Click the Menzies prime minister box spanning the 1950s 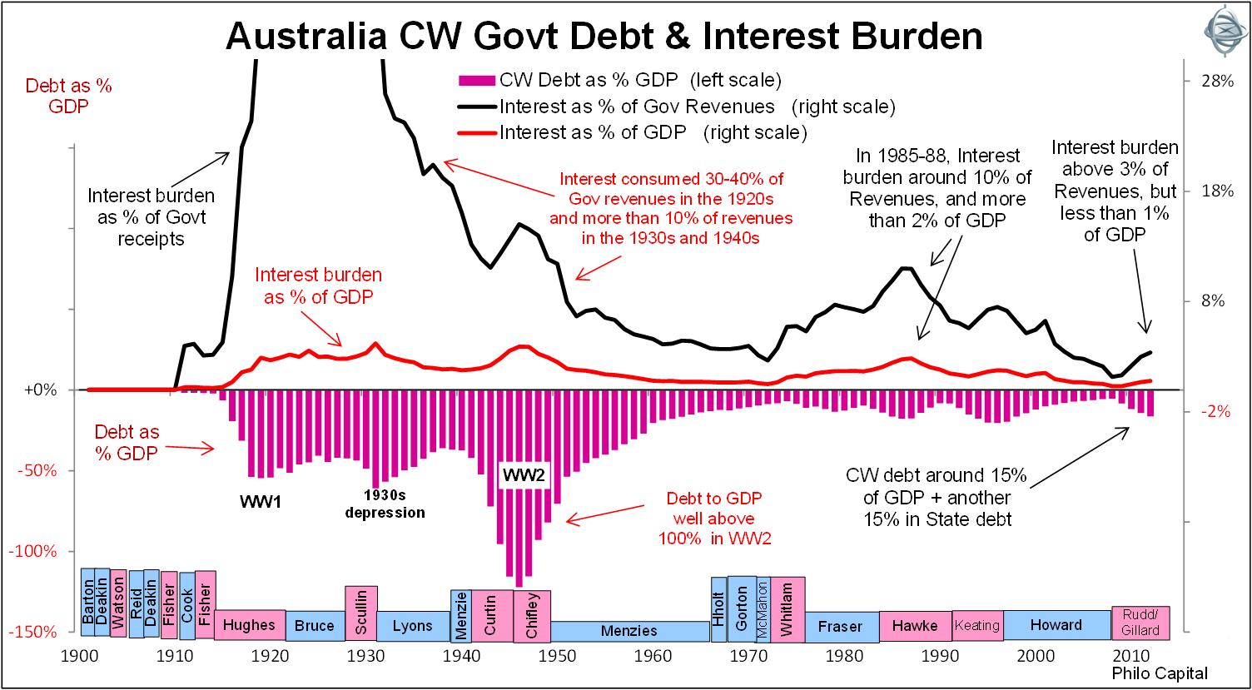click(628, 631)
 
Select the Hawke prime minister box click(915, 626)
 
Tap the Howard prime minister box click(1056, 625)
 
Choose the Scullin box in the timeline click(361, 613)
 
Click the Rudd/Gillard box click(1140, 623)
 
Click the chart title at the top click(604, 37)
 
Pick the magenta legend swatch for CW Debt click(477, 81)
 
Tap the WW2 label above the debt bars click(523, 477)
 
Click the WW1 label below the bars click(261, 503)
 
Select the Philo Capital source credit click(1160, 673)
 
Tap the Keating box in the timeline click(977, 625)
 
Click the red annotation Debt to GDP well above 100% click(713, 518)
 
